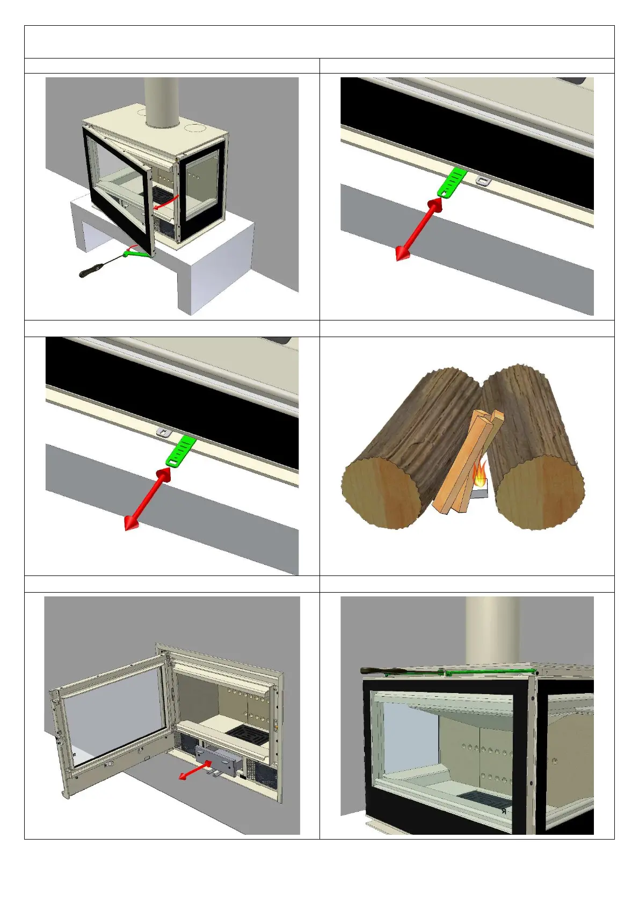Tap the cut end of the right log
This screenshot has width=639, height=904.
(539, 492)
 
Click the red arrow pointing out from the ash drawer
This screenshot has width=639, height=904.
(194, 772)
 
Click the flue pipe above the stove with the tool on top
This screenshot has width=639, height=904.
(492, 631)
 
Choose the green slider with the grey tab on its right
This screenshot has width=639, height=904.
(450, 182)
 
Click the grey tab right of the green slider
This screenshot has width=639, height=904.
(484, 181)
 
